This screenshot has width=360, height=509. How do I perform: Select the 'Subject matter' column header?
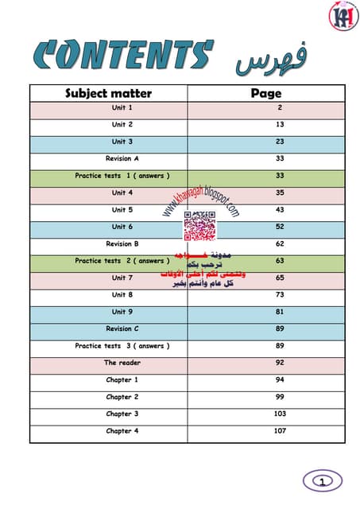point(108,93)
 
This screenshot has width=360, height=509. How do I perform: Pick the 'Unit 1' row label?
point(122,107)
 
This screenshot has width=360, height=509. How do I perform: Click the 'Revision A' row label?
point(122,158)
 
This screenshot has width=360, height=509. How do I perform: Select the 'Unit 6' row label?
point(122,227)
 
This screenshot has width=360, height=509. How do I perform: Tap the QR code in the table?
point(199,227)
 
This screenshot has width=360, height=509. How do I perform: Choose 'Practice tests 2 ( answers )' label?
point(122,261)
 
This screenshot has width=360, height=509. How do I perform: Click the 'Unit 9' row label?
point(122,312)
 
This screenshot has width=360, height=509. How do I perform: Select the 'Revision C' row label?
point(122,328)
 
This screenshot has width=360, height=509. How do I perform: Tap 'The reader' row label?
point(122,363)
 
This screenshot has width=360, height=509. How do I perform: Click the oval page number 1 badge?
point(322,481)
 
